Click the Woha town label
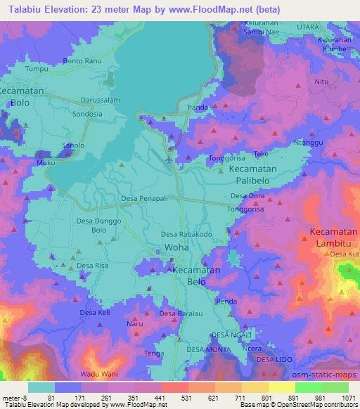[x=176, y=247]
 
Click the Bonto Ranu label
[x=83, y=61]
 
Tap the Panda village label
[x=198, y=108]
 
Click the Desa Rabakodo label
[x=186, y=235]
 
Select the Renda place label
[x=226, y=301]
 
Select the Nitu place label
[x=322, y=82]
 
